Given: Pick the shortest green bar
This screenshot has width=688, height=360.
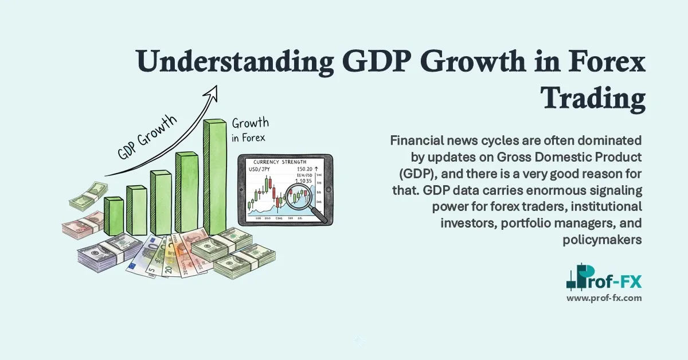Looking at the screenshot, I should (x=114, y=216).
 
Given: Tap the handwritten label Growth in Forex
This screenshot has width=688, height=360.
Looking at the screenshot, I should (x=250, y=130).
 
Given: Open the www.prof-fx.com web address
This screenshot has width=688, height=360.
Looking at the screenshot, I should (x=604, y=298).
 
